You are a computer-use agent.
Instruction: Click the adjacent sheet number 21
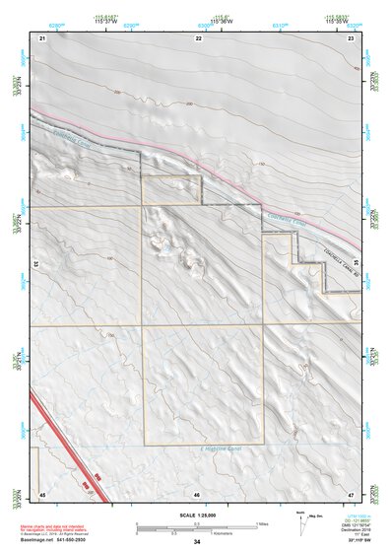point(43,36)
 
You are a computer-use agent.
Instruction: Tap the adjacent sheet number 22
point(198,36)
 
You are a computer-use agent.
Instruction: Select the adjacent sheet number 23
point(351,36)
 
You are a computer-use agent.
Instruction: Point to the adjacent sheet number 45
point(43,494)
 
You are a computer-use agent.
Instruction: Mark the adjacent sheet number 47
point(351,494)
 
